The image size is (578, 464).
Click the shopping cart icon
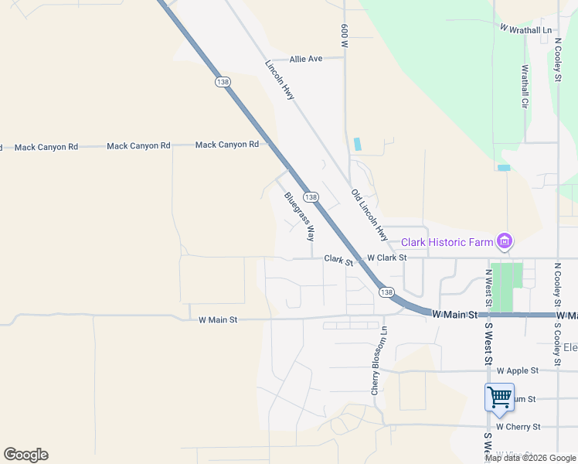pos(499,397)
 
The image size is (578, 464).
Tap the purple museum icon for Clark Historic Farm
pos(505,242)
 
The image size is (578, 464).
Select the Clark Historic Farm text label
pos(447,243)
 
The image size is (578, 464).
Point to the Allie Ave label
pos(306,59)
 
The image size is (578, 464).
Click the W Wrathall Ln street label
pos(526,29)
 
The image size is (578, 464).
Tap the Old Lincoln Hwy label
pos(369,213)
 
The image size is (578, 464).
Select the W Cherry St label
pos(518,426)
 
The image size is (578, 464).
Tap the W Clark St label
pos(386,258)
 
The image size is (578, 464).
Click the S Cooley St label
pos(557,341)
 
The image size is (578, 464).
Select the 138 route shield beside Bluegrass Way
pos(311,198)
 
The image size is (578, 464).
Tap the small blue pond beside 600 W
pos(356,144)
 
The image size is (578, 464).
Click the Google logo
pos(25,455)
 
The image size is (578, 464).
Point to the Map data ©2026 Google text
pos(529,458)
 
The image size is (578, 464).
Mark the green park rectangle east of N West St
pos(507,287)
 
